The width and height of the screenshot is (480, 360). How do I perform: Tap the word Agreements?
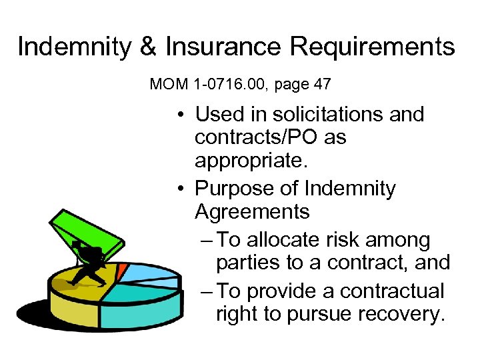[252, 212]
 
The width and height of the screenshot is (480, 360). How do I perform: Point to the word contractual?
[391, 291]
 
